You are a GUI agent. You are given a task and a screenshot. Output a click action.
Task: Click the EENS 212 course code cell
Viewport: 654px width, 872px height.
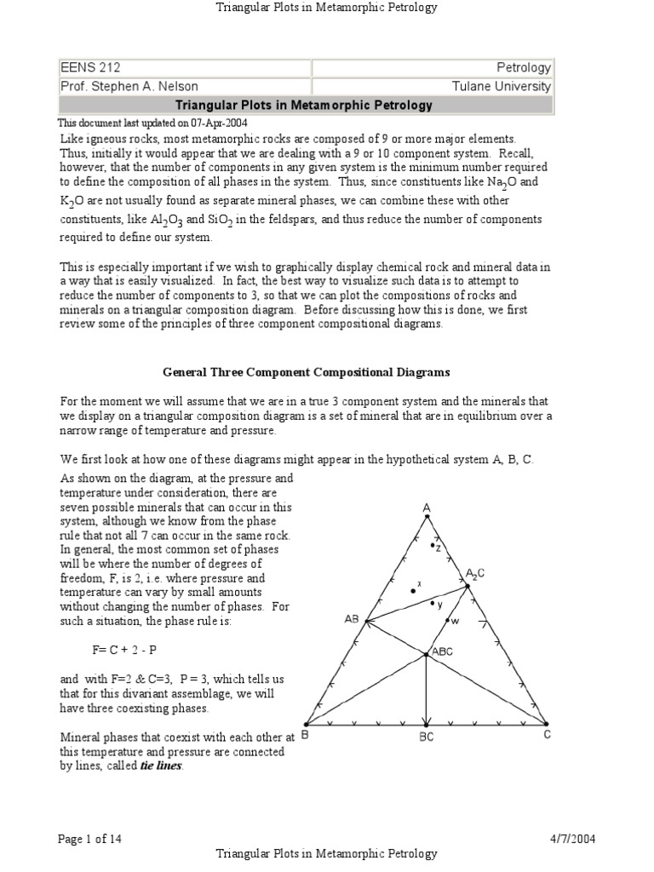[x=184, y=67]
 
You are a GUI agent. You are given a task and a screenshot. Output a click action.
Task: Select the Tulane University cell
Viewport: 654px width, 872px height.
[x=433, y=86]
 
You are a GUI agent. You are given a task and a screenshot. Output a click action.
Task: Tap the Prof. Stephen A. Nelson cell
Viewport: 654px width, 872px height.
[x=184, y=86]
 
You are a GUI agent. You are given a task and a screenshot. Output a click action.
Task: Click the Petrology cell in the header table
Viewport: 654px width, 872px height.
[x=433, y=67]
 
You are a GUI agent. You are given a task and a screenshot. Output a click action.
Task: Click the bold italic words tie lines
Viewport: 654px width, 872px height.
[x=161, y=766]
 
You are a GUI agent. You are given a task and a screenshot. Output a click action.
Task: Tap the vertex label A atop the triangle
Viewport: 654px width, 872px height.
[x=427, y=508]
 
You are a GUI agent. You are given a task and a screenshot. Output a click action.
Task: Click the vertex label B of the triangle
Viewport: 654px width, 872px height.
[x=304, y=735]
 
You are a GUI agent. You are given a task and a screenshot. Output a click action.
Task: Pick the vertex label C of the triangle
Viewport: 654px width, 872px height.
[x=548, y=735]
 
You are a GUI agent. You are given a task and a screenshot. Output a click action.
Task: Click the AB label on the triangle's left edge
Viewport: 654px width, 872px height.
[x=352, y=619]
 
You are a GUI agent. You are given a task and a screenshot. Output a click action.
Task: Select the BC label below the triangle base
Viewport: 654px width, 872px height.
[x=426, y=737]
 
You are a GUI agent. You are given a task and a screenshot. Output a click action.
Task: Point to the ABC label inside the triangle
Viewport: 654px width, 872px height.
[x=443, y=651]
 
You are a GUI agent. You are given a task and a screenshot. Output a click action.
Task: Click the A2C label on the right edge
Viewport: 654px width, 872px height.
[x=475, y=573]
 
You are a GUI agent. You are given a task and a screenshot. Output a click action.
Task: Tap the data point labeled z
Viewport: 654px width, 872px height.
[x=433, y=545]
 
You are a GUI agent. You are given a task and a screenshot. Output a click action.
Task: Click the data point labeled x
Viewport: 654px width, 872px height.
[x=413, y=590]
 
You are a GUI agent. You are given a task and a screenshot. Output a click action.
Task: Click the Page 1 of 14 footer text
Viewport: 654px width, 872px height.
[x=89, y=839]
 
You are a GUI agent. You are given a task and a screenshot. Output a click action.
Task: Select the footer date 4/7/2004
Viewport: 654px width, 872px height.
[x=573, y=839]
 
